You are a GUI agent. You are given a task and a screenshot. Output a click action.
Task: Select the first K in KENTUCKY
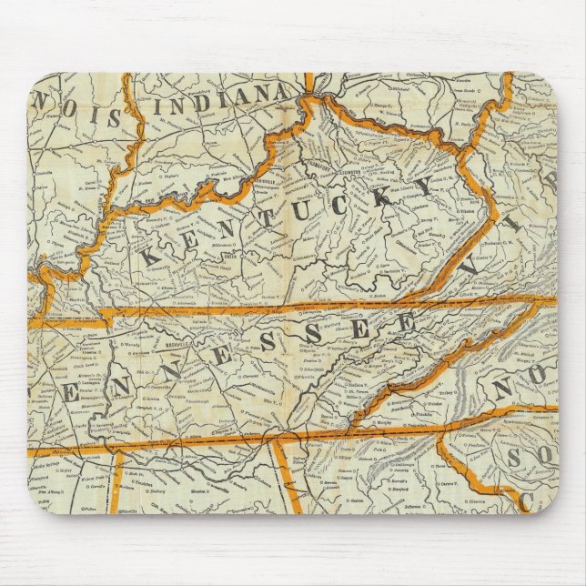[148, 257]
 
